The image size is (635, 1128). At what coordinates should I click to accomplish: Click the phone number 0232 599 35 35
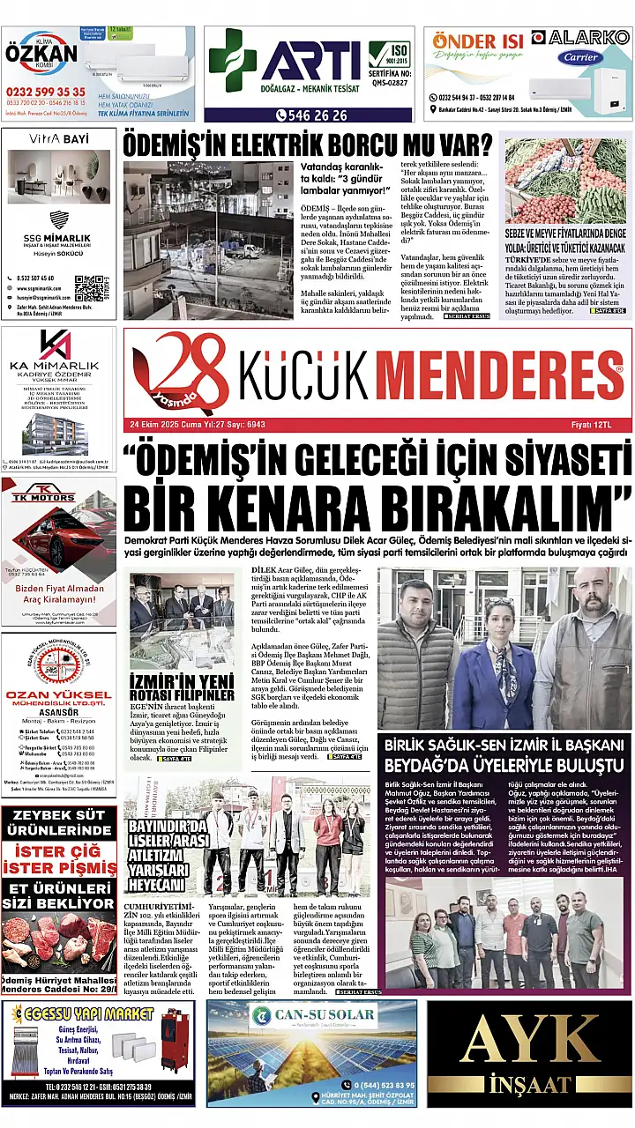[x=46, y=92]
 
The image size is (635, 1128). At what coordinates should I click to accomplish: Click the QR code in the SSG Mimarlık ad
[x=90, y=287]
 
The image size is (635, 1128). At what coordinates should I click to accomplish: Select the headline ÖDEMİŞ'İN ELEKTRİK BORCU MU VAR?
[x=307, y=143]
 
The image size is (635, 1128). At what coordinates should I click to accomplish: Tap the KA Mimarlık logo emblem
[x=55, y=345]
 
